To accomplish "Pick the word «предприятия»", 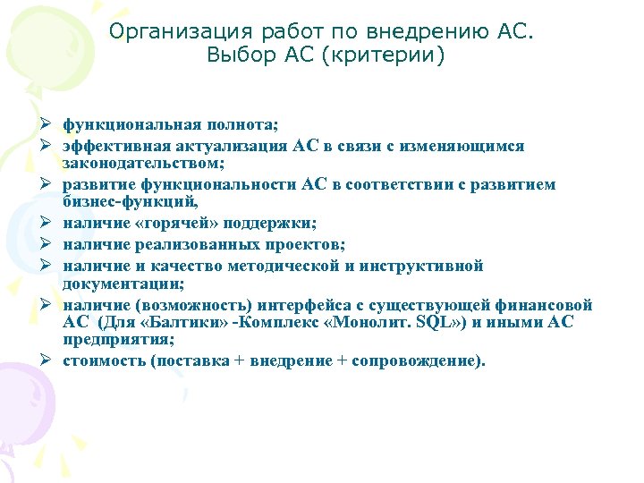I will [110, 341].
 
